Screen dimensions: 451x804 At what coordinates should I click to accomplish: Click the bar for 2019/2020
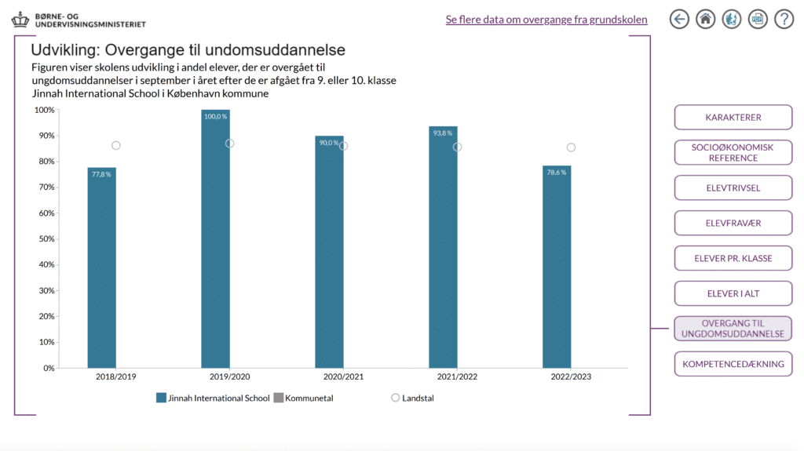(x=215, y=238)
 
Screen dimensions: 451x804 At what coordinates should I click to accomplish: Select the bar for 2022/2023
(x=557, y=267)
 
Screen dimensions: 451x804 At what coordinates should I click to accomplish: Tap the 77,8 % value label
(x=101, y=174)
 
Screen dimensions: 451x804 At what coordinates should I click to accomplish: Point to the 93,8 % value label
(x=443, y=133)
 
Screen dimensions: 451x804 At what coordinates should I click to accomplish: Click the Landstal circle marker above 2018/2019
(x=116, y=146)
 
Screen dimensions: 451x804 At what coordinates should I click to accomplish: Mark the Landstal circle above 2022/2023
(x=571, y=147)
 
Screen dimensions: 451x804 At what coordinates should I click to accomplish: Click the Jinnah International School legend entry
(x=213, y=398)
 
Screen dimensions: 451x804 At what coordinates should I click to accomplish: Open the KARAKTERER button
(x=733, y=118)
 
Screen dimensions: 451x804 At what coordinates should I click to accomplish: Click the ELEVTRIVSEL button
(x=733, y=188)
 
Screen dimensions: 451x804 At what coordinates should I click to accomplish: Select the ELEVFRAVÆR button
(x=733, y=224)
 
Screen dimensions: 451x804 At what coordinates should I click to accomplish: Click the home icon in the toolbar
(x=706, y=20)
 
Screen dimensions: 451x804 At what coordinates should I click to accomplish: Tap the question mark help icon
(x=784, y=20)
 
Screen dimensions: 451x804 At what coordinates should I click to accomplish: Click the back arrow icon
(x=679, y=20)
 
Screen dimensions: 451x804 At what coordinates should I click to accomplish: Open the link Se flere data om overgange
(x=546, y=20)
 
